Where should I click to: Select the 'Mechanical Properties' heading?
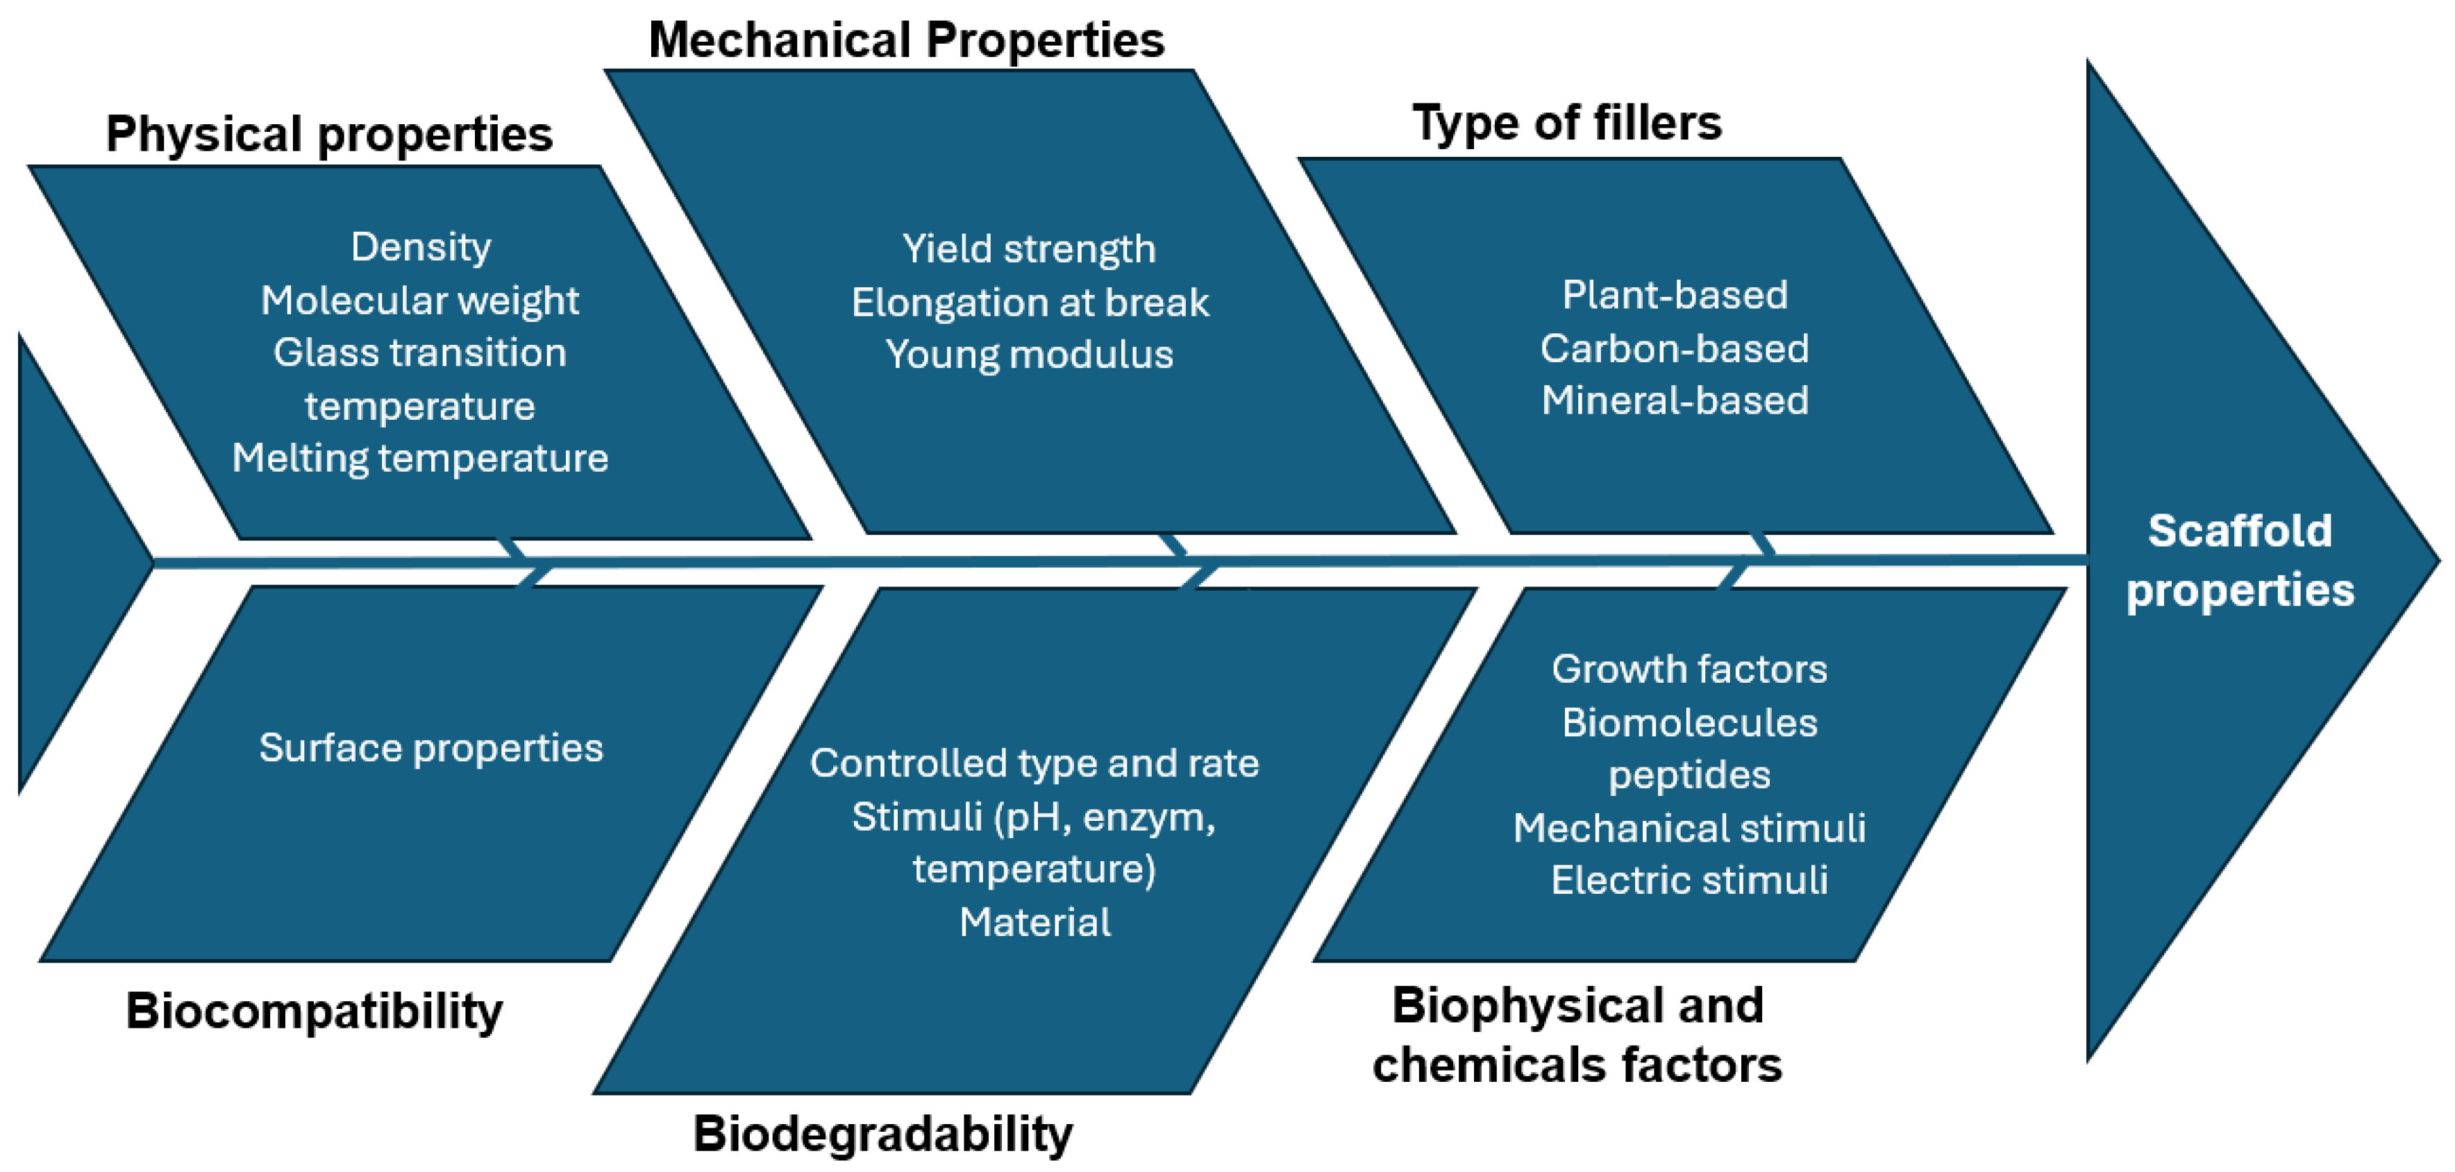(x=906, y=41)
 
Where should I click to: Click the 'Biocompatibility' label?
(x=314, y=1011)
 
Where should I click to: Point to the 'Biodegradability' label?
(x=882, y=1134)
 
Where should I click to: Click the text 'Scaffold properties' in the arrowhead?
(x=2240, y=560)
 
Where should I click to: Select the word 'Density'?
(x=420, y=248)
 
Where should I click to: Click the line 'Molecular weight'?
(x=419, y=301)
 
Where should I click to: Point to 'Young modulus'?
(x=1029, y=355)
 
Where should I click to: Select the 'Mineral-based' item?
(x=1675, y=401)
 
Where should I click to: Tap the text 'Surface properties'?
(x=430, y=748)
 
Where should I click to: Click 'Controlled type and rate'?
(x=1034, y=764)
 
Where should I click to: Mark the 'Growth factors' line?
(x=1689, y=670)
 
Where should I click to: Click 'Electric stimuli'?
(x=1689, y=881)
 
